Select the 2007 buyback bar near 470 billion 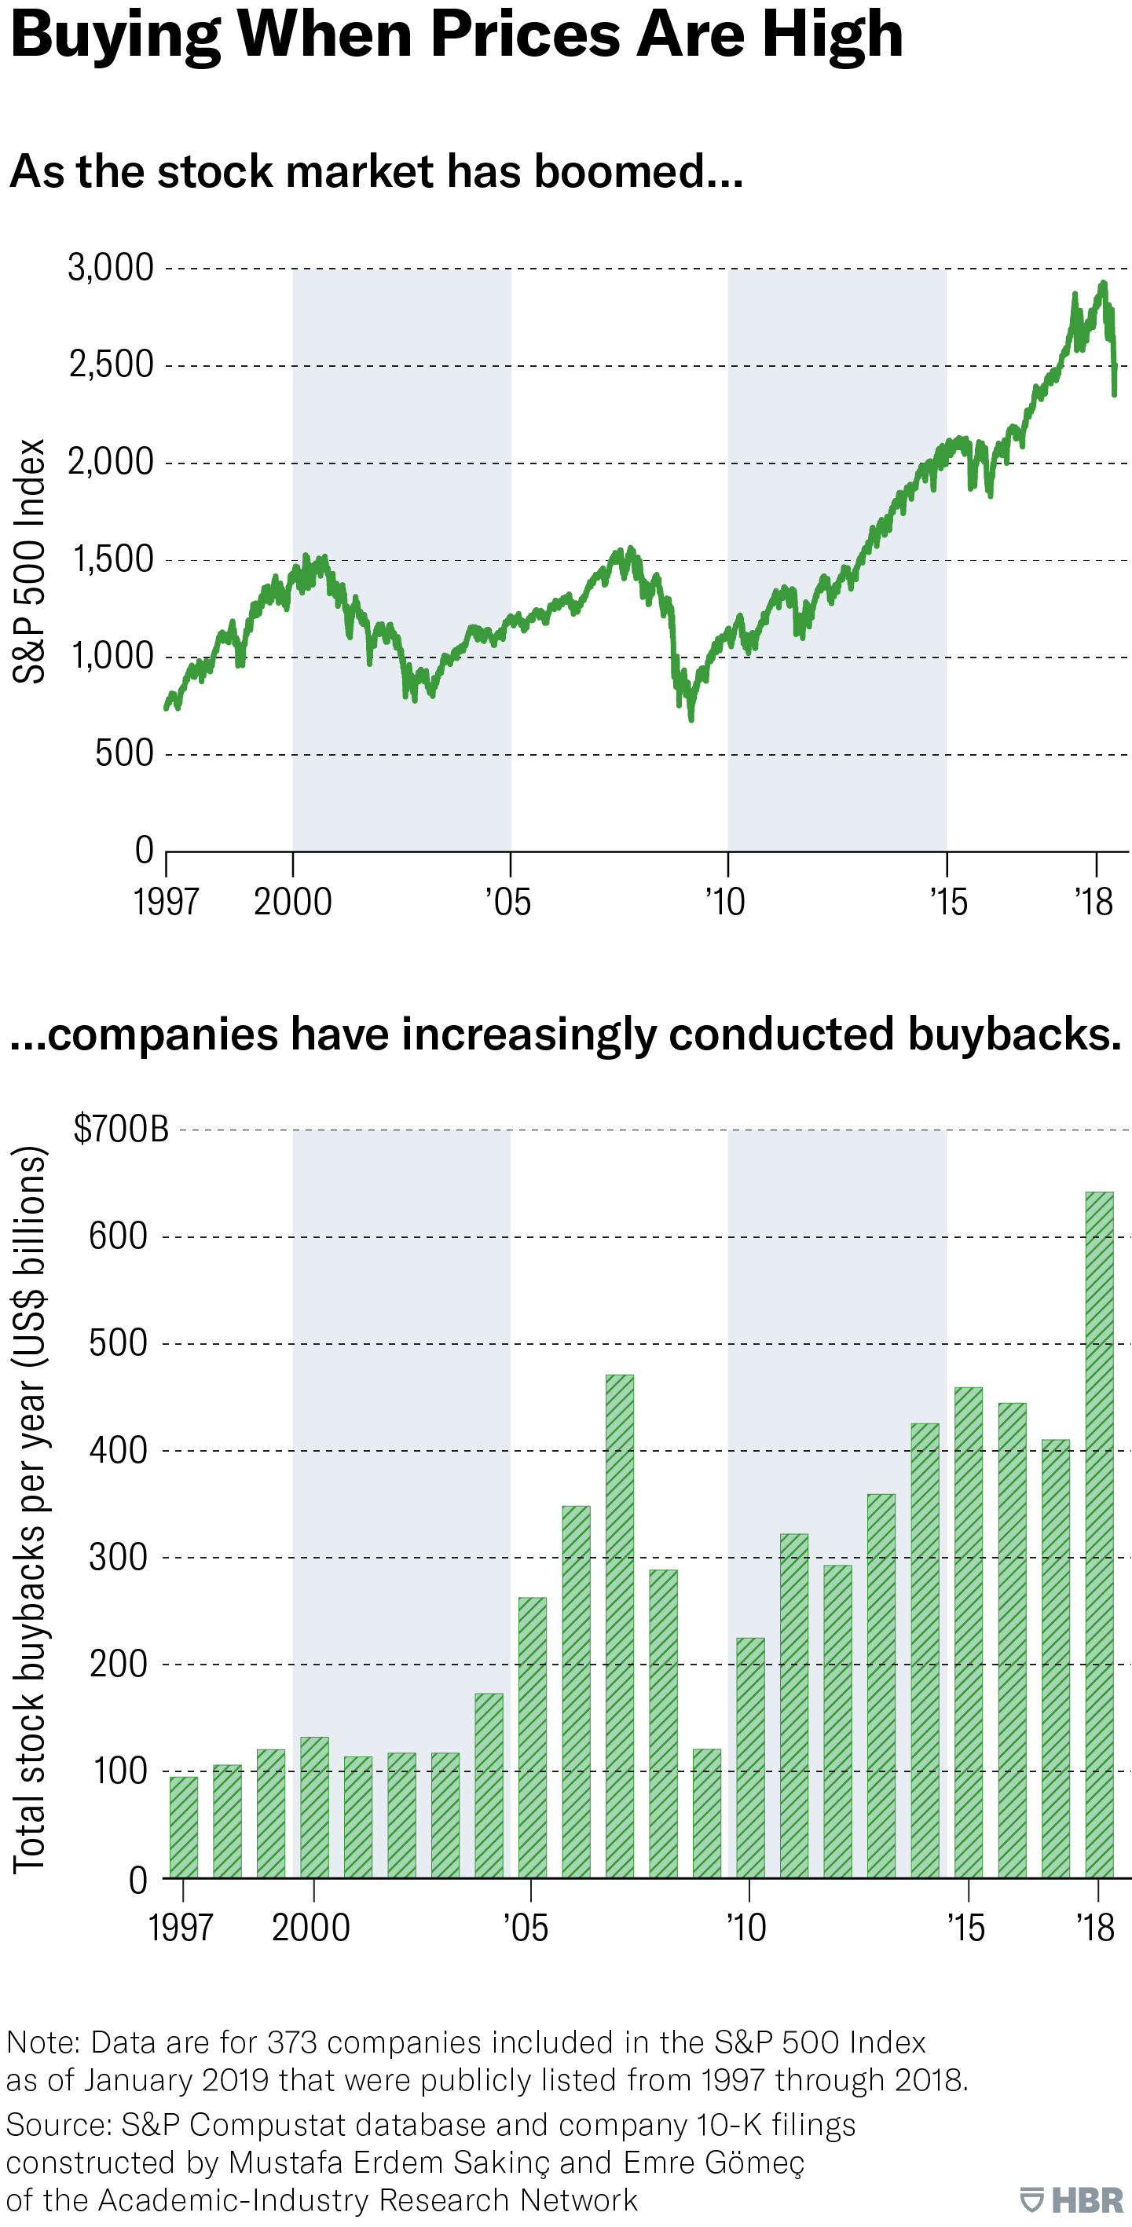(x=619, y=1625)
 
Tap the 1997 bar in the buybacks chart (x=183, y=1828)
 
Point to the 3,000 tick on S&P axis (x=111, y=268)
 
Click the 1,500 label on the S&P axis (x=112, y=560)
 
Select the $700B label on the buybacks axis (x=121, y=1129)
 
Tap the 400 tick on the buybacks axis (x=119, y=1450)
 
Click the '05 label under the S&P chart (x=507, y=902)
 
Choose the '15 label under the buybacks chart (x=965, y=1928)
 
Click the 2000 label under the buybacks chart (x=310, y=1928)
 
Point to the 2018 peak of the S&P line (x=1103, y=284)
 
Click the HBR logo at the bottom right (x=1072, y=2200)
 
